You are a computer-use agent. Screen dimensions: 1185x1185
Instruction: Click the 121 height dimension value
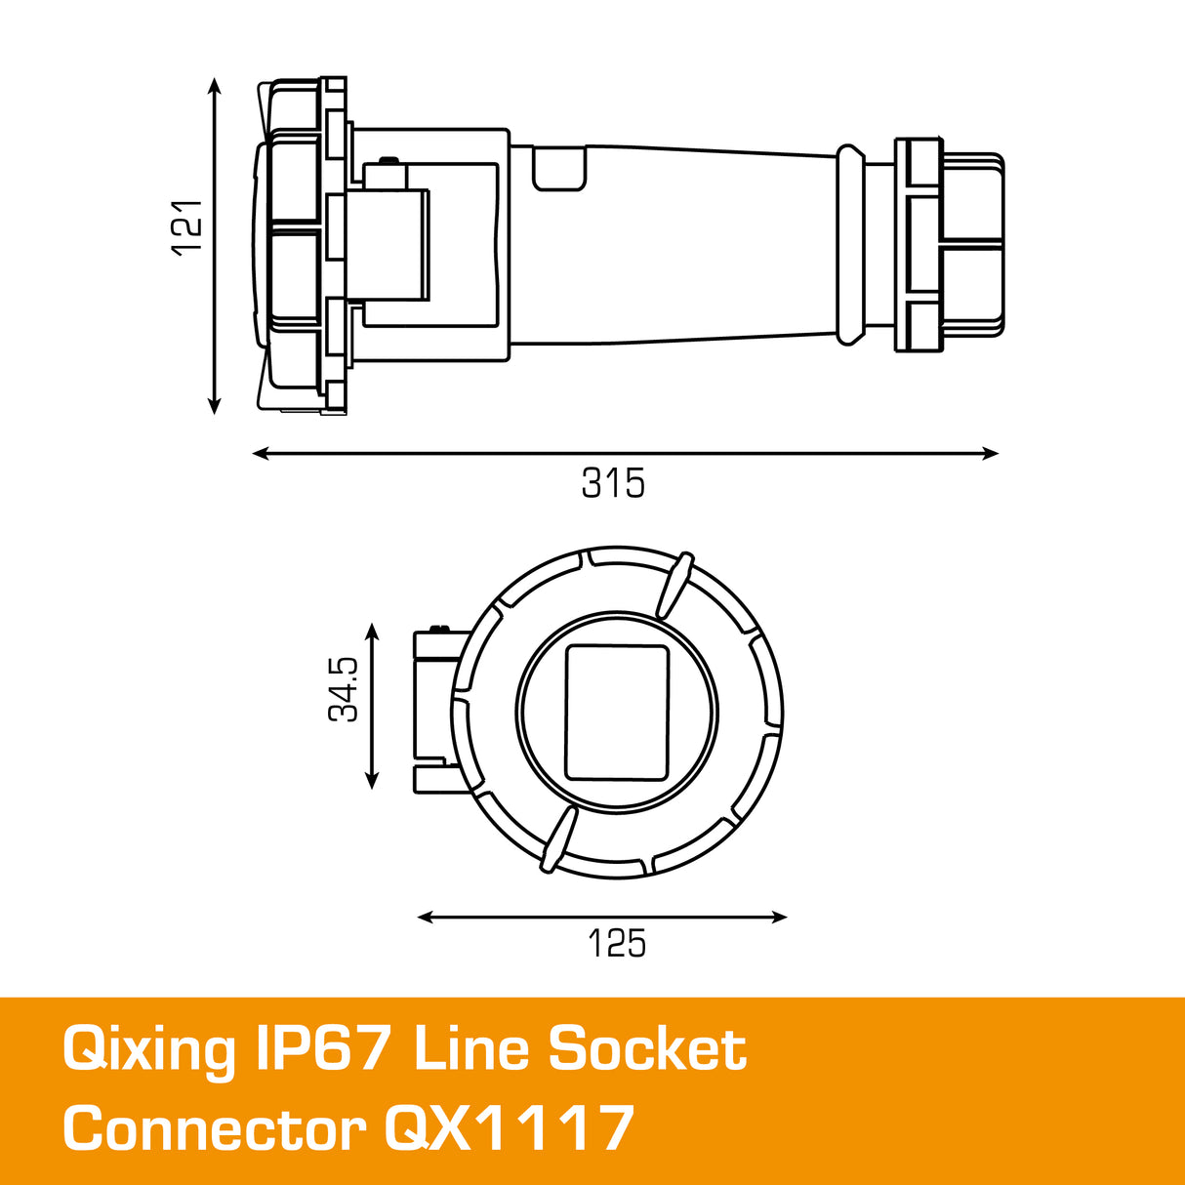[186, 227]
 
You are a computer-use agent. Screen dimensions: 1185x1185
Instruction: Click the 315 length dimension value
[613, 483]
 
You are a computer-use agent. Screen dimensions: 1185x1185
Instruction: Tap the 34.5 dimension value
[344, 689]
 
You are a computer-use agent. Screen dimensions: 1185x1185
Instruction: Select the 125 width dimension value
[616, 944]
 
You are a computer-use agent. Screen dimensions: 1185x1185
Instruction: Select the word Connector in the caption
[214, 1129]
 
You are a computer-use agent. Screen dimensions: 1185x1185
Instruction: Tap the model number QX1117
[509, 1129]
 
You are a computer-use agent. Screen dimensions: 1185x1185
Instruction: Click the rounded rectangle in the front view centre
[617, 713]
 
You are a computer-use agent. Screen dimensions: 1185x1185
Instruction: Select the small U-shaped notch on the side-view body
[559, 168]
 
